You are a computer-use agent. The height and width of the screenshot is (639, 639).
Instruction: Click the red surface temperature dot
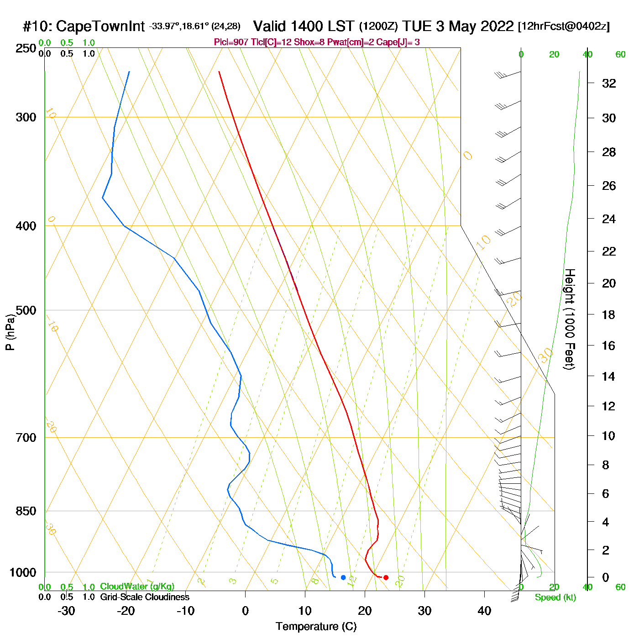(386, 577)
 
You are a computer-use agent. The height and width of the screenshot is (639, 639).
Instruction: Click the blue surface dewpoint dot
(343, 577)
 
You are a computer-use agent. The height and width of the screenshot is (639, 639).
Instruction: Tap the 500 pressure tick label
(26, 310)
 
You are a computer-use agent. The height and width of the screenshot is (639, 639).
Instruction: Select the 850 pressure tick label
(26, 511)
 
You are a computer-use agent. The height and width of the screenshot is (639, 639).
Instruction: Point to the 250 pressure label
(26, 48)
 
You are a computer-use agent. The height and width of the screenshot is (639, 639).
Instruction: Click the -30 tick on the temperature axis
(66, 611)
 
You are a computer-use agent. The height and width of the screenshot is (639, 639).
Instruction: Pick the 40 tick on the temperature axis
(484, 611)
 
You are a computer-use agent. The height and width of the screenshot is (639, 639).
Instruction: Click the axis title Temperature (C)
(316, 627)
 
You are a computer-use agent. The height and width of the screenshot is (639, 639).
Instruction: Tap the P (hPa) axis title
(10, 332)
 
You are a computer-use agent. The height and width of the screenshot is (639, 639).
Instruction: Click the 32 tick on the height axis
(609, 83)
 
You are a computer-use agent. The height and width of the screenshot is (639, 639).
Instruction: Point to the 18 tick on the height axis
(609, 314)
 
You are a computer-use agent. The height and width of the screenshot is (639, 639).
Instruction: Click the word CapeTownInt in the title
(100, 26)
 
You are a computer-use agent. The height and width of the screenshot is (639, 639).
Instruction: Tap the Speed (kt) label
(555, 597)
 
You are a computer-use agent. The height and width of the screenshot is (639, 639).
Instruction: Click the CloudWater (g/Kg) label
(137, 587)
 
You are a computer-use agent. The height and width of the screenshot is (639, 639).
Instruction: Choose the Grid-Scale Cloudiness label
(145, 597)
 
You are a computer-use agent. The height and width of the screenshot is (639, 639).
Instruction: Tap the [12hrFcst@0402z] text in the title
(564, 26)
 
